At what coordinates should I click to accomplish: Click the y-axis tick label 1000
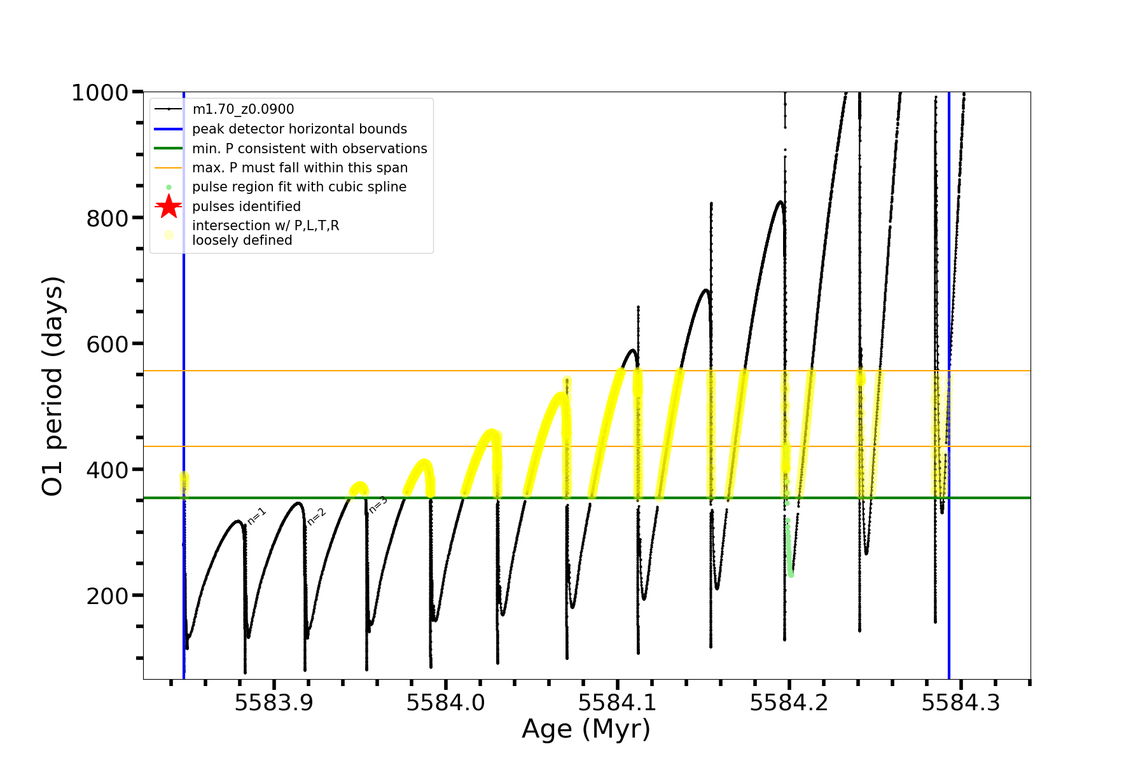coord(100,93)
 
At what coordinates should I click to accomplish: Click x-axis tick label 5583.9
coord(274,703)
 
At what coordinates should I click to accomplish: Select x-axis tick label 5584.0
coord(445,703)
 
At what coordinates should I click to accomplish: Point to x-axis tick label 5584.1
coord(617,703)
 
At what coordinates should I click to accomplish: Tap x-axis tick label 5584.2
coord(789,703)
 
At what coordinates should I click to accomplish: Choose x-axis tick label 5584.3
coord(961,703)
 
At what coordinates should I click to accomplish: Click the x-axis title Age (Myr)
coord(586,729)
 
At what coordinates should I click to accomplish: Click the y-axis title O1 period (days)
coord(53,386)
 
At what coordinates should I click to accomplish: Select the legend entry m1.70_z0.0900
coord(243,109)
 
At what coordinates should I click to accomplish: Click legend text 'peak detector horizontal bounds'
coord(299,129)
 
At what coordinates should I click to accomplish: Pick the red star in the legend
coord(169,207)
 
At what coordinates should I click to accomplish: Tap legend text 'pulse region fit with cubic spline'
coord(299,187)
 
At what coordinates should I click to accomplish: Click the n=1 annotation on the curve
coord(256,516)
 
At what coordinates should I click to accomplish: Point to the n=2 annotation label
coord(316,516)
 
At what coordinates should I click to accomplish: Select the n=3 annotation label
coord(378,504)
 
